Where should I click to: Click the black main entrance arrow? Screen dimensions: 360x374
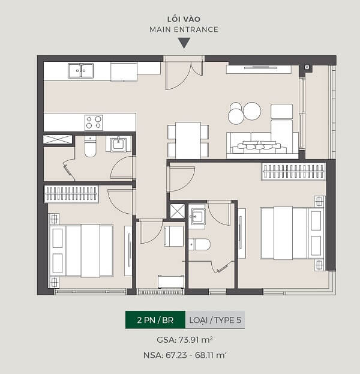point(184,43)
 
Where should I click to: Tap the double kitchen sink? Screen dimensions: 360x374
point(80,71)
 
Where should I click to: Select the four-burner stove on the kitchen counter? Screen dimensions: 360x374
point(94,122)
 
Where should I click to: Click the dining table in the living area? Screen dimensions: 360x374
point(188,140)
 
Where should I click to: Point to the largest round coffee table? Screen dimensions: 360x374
point(252,111)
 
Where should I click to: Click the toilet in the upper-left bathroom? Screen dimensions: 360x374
point(91,146)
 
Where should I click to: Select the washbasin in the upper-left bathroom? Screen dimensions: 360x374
point(118,144)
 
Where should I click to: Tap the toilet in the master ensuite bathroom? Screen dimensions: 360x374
point(199,244)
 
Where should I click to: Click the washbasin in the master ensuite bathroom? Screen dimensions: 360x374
point(197,217)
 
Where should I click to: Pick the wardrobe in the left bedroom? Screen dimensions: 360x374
point(71,194)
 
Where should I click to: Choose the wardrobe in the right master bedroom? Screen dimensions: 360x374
point(293,171)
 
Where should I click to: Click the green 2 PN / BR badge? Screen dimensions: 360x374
point(155,320)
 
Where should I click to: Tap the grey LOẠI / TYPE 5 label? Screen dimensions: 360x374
point(215,320)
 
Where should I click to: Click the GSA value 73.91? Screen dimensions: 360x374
point(189,340)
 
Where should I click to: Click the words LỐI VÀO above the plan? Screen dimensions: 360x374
point(184,19)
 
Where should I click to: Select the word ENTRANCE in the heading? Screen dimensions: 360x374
point(196,29)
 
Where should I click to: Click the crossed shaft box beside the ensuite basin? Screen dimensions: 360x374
point(178,211)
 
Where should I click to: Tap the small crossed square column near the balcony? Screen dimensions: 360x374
point(307,67)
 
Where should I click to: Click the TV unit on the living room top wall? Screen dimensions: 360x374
point(259,69)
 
